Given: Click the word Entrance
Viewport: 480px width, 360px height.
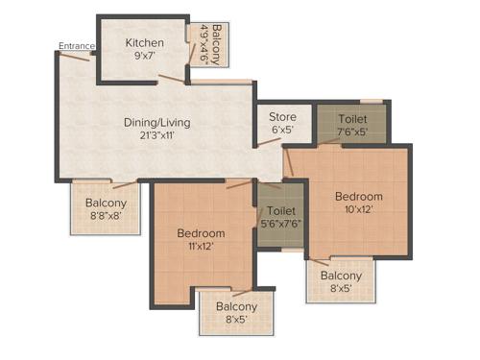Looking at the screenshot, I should [75, 45].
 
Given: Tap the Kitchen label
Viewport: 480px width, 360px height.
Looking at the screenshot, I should [144, 43].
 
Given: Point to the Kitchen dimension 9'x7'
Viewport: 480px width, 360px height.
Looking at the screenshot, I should [144, 57].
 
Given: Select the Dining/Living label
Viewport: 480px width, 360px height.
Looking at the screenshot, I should [156, 122].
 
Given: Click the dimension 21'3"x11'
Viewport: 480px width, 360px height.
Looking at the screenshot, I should [156, 135].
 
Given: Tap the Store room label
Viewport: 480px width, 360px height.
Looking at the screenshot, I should [282, 117].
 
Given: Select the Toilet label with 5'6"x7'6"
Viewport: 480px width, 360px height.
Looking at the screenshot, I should [281, 210].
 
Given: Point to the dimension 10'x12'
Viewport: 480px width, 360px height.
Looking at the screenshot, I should [358, 208].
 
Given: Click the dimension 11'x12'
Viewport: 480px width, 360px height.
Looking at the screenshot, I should [201, 247].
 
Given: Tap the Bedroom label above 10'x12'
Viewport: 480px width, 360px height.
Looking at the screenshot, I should [358, 196].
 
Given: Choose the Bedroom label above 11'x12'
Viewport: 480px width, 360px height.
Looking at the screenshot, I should [201, 233].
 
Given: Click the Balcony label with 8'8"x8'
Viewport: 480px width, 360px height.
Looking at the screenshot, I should [105, 203].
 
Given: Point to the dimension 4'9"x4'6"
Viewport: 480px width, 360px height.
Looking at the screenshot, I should [203, 42].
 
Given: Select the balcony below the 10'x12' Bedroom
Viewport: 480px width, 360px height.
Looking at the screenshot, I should [341, 281].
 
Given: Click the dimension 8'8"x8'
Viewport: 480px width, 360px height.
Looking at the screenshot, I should [105, 216].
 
